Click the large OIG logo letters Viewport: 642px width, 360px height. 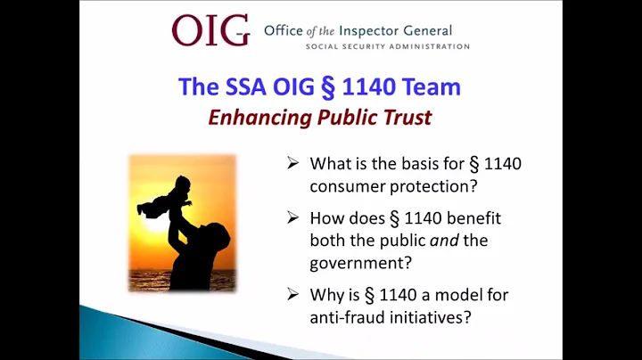[210, 30]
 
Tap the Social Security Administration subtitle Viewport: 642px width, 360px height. [387, 46]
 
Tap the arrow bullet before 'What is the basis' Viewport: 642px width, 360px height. [294, 164]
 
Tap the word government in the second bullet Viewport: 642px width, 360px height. [353, 263]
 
